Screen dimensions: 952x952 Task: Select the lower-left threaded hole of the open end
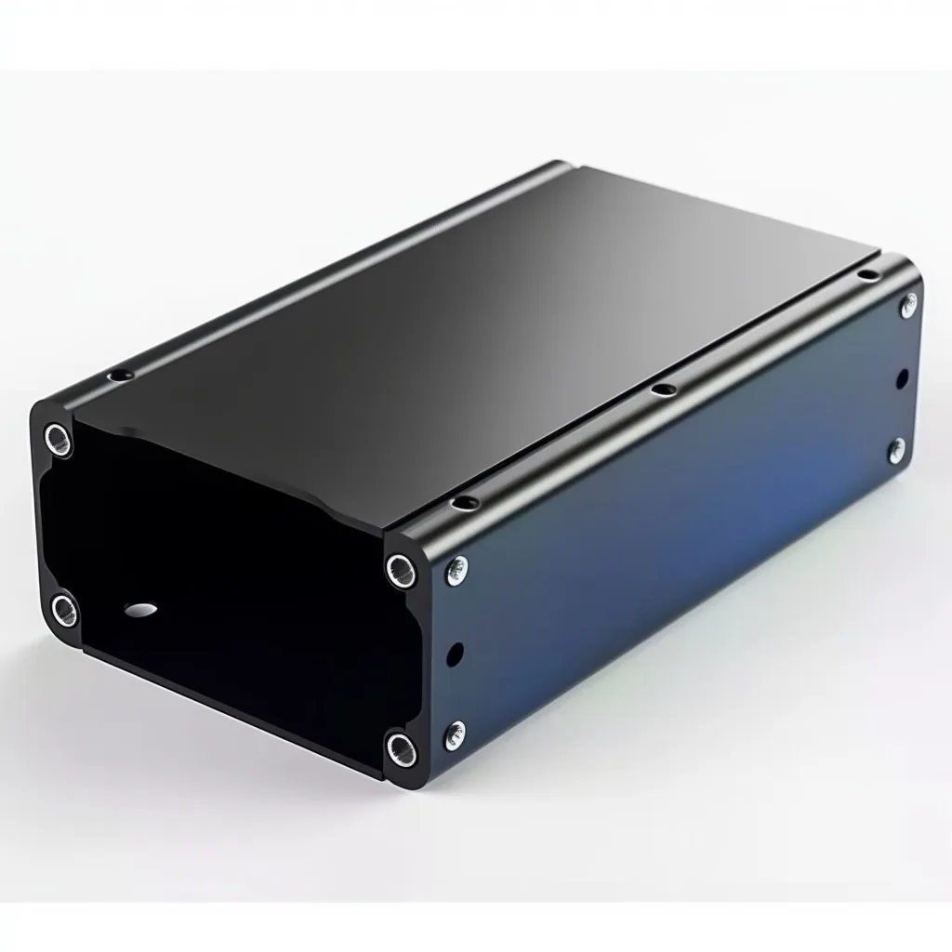pos(64,609)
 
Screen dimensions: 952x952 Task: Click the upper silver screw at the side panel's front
pos(456,571)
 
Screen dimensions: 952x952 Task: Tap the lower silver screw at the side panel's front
pos(456,732)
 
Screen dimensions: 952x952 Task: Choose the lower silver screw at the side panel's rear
pos(896,450)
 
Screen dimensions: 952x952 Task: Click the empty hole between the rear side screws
pos(901,378)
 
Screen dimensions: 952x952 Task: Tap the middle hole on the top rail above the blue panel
pos(661,389)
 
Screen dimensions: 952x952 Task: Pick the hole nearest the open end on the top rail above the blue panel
pos(460,503)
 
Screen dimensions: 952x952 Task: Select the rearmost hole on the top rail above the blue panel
pos(866,273)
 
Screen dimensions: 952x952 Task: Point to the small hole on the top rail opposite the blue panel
pos(119,375)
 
